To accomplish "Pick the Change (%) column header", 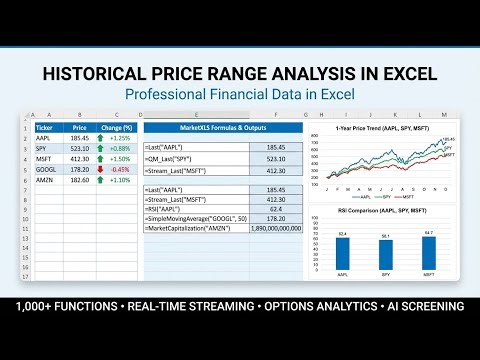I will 117,127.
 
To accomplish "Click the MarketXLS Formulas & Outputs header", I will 221,127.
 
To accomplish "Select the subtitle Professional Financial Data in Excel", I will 240,96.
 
